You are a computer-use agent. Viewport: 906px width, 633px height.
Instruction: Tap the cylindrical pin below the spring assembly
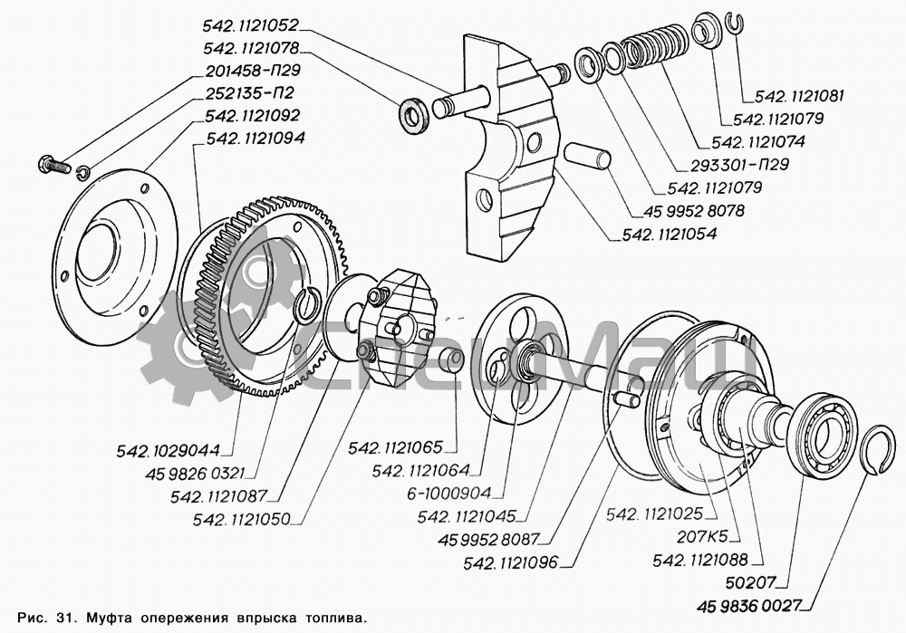[x=588, y=155]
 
